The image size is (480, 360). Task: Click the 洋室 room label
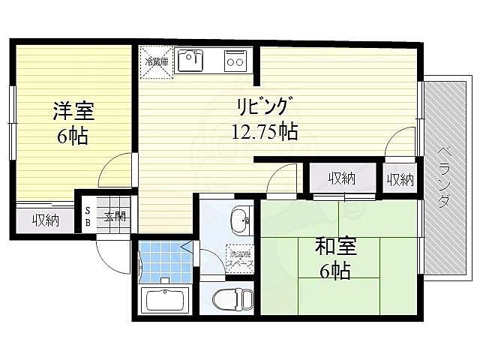tap(73, 111)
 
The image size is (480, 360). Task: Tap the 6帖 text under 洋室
tap(73, 137)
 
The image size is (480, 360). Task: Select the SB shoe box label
tap(87, 216)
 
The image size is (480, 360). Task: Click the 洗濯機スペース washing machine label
tap(240, 260)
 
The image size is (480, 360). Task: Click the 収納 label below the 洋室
tap(45, 220)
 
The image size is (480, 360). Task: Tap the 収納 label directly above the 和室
tap(342, 178)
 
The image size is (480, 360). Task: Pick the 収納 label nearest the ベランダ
tap(400, 180)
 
